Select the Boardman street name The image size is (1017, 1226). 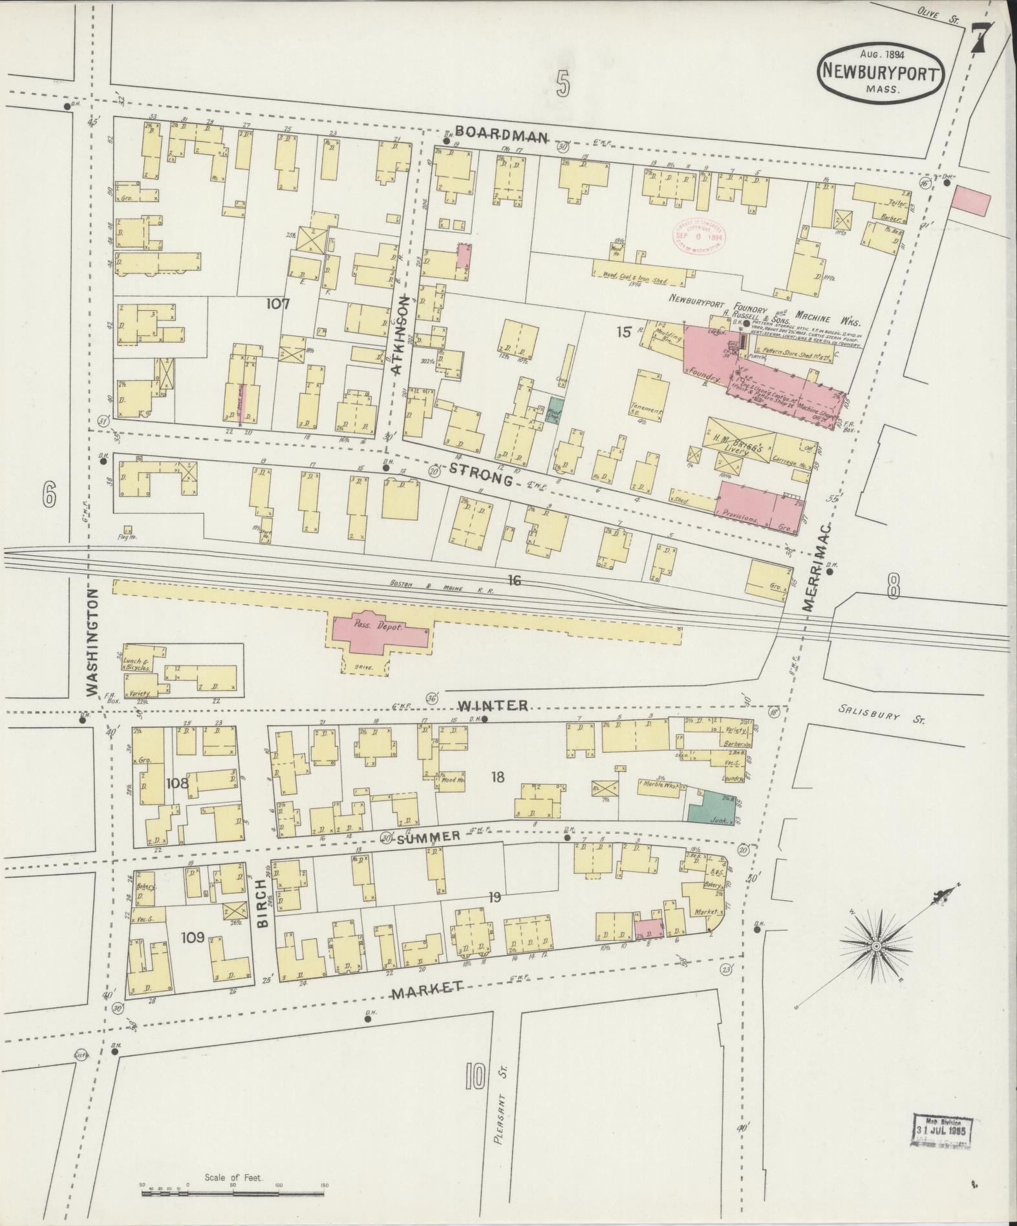500,136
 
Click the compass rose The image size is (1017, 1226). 877,946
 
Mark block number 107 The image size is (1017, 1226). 277,304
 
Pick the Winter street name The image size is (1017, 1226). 493,705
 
